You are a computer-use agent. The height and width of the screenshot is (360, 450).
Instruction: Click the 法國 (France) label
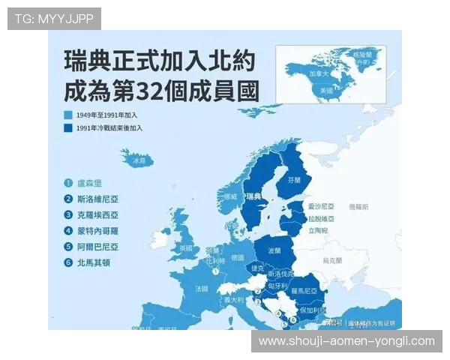click(202, 287)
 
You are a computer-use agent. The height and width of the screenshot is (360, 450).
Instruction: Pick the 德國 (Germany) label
click(238, 257)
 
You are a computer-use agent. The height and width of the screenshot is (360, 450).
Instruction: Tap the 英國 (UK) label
click(184, 247)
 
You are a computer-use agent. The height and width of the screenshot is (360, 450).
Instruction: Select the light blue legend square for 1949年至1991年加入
click(67, 115)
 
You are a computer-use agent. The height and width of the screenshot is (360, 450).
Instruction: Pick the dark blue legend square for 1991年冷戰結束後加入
click(67, 128)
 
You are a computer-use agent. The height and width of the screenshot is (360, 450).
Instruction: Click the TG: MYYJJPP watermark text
click(54, 18)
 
